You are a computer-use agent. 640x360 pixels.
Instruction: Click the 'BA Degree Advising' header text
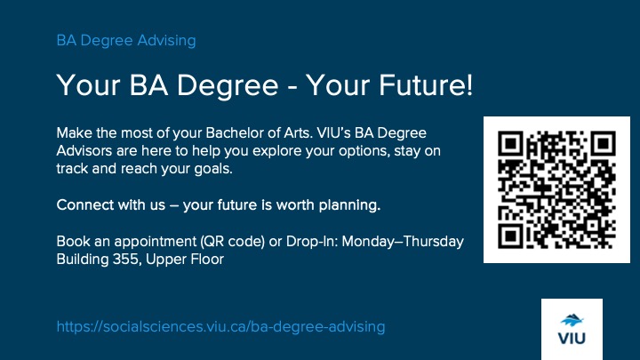click(x=126, y=40)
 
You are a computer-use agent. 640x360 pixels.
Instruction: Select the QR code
click(x=556, y=189)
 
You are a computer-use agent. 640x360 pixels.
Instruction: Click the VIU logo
click(x=572, y=329)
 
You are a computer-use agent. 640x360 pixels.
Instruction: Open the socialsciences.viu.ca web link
click(x=220, y=327)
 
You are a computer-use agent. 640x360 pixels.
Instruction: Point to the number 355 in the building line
click(x=125, y=260)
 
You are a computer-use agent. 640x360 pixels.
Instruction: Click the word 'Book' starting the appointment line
click(x=72, y=243)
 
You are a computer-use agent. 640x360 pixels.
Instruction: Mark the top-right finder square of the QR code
click(x=602, y=144)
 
